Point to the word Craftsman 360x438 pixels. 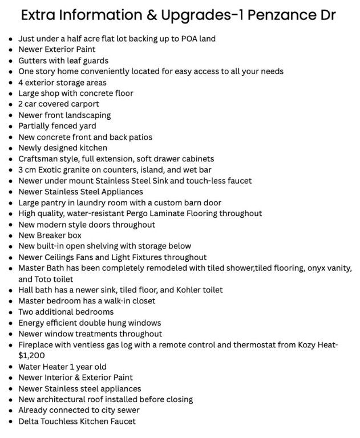(x=39, y=159)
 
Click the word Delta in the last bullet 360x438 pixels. (x=29, y=421)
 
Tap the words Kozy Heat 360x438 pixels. (x=317, y=345)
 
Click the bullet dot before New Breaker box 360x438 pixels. (x=11, y=236)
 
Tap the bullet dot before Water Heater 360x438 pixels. (x=11, y=367)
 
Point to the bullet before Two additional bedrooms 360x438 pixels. (x=11, y=312)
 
